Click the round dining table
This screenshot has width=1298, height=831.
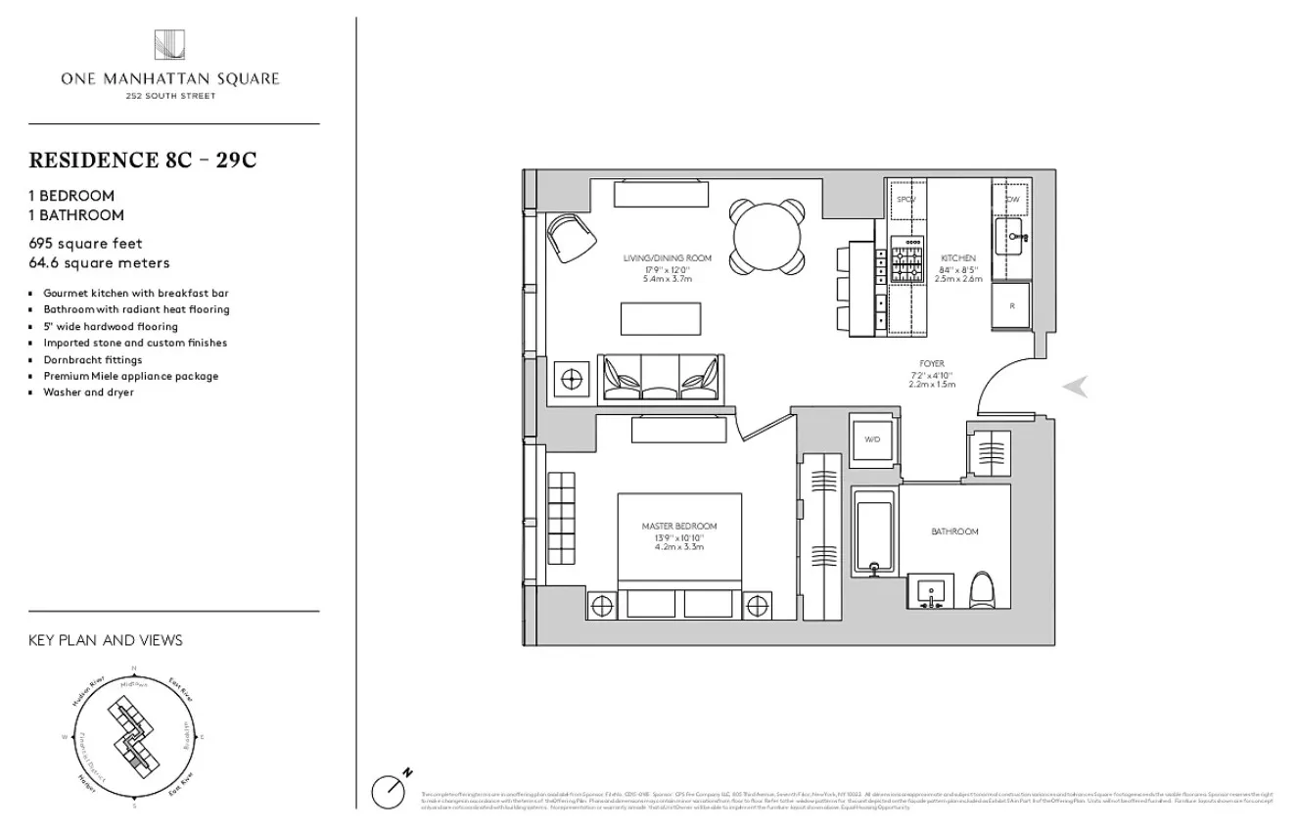click(768, 236)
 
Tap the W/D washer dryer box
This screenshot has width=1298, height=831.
click(871, 440)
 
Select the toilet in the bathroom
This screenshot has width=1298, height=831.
click(982, 592)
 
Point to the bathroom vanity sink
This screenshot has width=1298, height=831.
click(930, 592)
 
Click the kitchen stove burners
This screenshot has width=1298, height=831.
click(906, 262)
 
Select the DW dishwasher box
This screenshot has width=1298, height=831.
click(1011, 199)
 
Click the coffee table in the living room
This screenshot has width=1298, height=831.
click(661, 318)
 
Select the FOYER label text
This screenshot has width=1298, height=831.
click(932, 364)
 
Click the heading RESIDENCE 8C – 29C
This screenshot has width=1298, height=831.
click(143, 161)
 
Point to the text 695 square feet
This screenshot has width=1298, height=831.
click(86, 244)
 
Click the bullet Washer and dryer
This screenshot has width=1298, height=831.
click(88, 392)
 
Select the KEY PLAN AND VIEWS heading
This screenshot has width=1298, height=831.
click(106, 641)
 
